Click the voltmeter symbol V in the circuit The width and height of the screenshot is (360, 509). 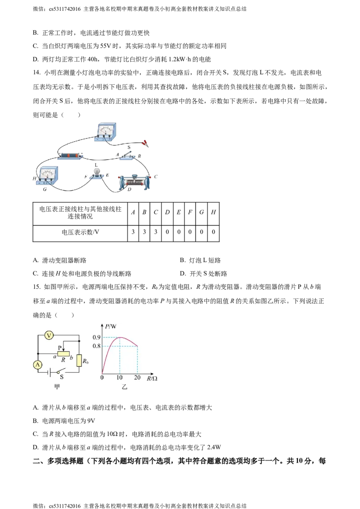tap(50, 334)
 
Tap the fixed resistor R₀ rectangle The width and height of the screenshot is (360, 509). tap(79, 360)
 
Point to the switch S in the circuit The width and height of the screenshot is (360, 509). tap(63, 372)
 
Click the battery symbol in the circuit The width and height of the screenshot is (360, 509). tap(51, 372)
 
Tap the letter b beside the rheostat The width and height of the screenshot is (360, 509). tap(72, 357)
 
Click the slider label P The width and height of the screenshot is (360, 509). tap(59, 347)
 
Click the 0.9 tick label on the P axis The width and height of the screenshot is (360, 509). tap(96, 337)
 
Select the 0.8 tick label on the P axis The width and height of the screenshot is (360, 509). tap(96, 346)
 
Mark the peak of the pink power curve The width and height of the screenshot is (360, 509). tap(120, 337)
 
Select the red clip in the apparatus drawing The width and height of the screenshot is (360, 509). tap(145, 143)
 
